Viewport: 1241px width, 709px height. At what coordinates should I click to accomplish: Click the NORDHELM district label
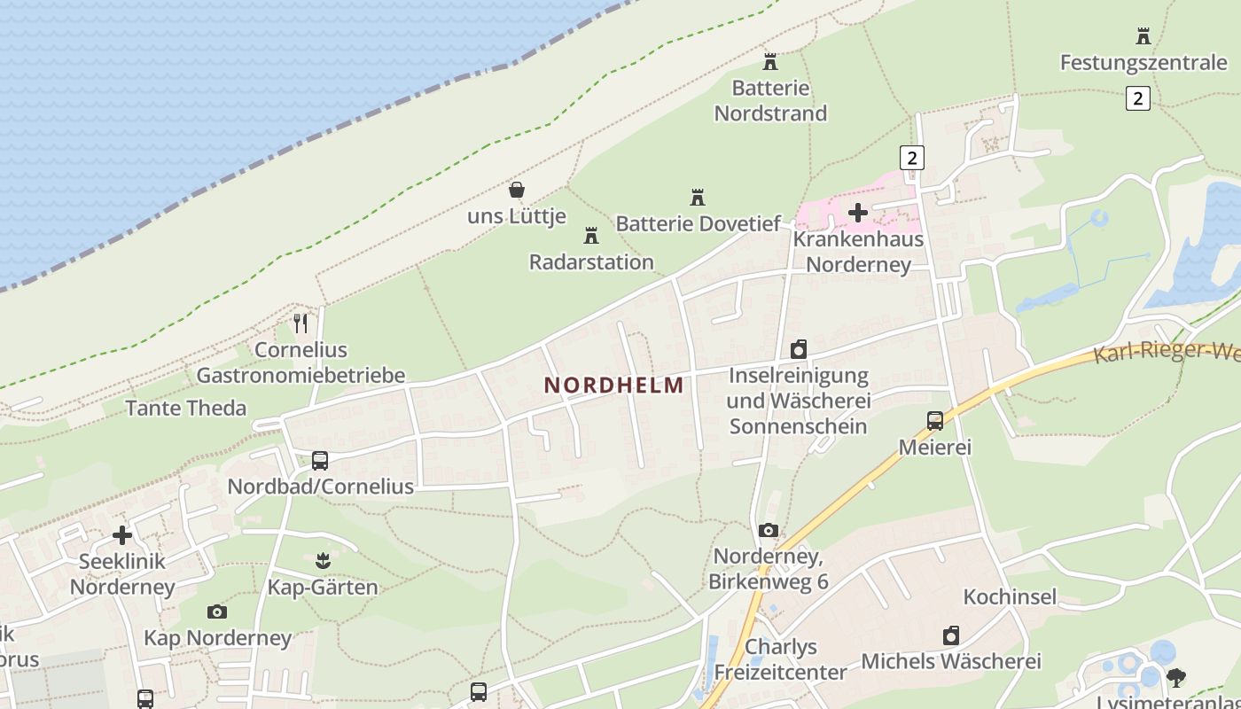click(614, 386)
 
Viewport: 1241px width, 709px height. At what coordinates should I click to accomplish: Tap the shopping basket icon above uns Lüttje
click(517, 190)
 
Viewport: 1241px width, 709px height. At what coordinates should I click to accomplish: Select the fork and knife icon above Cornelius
click(300, 323)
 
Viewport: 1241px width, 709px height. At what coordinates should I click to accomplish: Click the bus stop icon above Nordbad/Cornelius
click(320, 461)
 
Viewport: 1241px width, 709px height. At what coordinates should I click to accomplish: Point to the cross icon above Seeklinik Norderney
click(122, 535)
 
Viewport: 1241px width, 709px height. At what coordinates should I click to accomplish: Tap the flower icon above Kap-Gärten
click(323, 560)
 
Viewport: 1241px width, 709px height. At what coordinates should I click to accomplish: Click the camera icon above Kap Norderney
click(217, 612)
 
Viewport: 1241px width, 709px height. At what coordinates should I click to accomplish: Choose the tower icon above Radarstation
click(591, 236)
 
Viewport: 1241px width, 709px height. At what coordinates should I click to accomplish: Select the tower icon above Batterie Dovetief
click(698, 197)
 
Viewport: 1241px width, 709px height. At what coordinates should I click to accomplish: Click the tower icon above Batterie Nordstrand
click(770, 62)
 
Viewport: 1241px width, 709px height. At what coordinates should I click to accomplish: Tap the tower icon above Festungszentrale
click(1143, 37)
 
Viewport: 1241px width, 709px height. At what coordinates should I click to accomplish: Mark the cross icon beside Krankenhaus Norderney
click(857, 213)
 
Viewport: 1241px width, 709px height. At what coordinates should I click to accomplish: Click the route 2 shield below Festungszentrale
click(1137, 97)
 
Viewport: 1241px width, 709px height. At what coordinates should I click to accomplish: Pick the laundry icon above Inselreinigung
click(799, 349)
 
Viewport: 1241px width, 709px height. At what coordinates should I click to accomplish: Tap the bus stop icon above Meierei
click(935, 421)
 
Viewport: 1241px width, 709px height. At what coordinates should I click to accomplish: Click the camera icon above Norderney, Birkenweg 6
click(769, 531)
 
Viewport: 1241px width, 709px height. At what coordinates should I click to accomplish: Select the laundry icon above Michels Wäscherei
click(951, 635)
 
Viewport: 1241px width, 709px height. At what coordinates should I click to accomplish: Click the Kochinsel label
click(1010, 596)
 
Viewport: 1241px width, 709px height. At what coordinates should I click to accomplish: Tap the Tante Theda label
click(186, 408)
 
